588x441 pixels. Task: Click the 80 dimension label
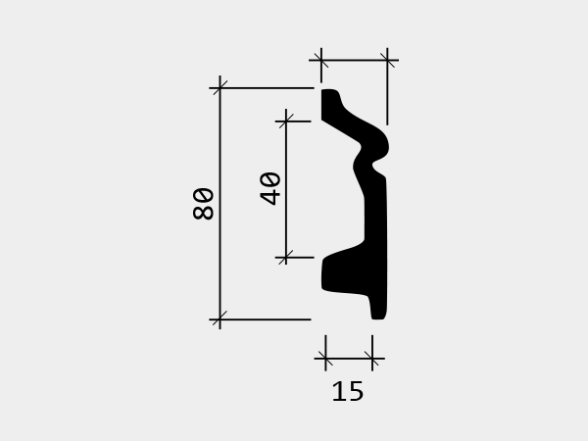point(203,204)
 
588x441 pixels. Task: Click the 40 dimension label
point(269,188)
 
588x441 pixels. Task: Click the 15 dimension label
point(348,391)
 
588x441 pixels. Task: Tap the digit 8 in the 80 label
point(203,212)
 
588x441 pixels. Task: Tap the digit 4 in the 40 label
point(269,197)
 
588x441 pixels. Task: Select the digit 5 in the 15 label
point(356,391)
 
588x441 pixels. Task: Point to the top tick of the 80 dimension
point(220,88)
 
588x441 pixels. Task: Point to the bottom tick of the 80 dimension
point(220,319)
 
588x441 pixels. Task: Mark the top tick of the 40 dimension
point(286,122)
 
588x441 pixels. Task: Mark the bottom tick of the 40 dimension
point(286,258)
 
